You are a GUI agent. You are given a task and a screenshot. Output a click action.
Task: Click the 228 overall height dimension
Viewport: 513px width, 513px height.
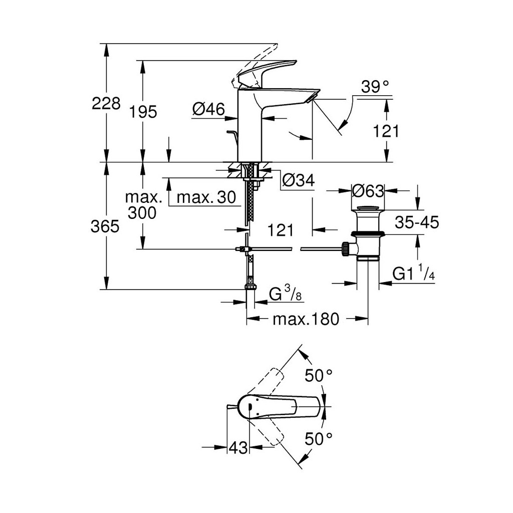click(106, 103)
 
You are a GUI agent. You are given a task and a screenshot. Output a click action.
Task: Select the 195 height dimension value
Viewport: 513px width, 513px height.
click(143, 112)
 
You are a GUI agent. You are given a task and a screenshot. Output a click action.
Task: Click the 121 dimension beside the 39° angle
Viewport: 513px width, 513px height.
click(386, 131)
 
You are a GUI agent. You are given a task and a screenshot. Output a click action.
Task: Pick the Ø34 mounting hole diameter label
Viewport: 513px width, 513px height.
click(298, 180)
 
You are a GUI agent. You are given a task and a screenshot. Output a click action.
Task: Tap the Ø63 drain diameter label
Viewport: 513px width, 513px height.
click(368, 191)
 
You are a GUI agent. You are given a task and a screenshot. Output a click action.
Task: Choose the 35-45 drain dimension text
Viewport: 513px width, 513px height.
click(416, 222)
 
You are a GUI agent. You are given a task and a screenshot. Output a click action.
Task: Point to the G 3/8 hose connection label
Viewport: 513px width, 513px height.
click(286, 294)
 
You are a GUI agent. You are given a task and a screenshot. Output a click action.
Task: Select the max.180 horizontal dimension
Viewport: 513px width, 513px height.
click(306, 319)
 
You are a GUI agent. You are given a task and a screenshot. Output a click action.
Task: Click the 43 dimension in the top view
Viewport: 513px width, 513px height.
click(238, 447)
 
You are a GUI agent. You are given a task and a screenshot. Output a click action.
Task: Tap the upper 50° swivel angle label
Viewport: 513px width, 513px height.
click(319, 375)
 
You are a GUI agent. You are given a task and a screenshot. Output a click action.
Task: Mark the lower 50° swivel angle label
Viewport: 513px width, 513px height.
click(319, 439)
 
